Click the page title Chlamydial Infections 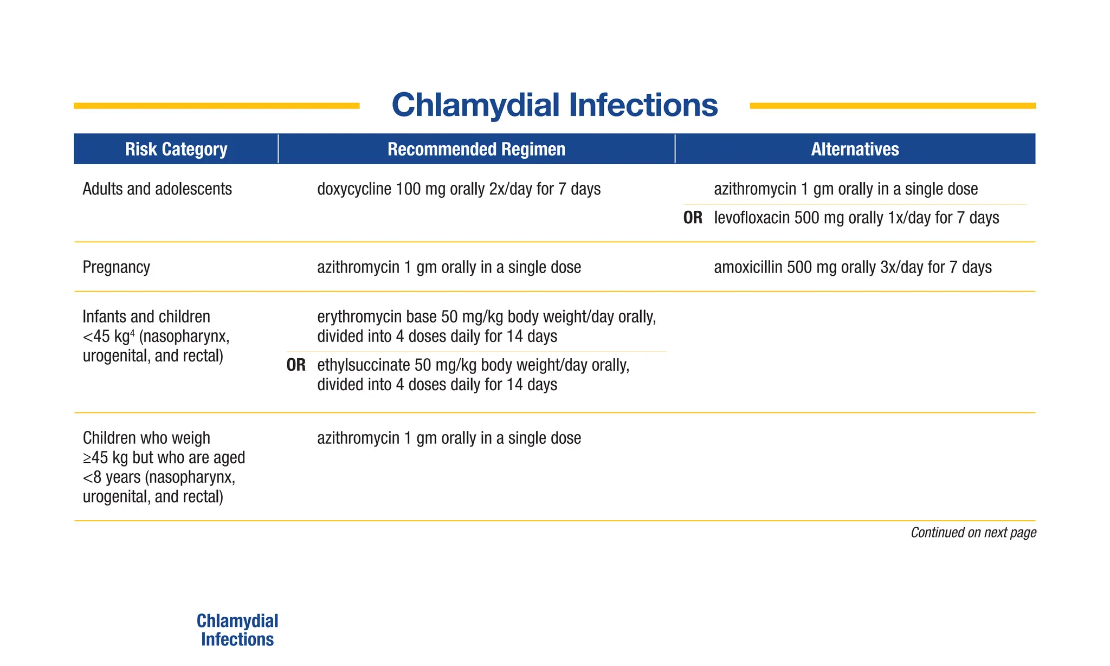point(554,105)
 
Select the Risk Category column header point(176,149)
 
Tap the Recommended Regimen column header point(476,149)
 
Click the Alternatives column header point(855,149)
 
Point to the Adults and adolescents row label point(157,189)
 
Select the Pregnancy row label point(116,267)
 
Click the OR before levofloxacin point(693,218)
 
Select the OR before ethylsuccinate point(296,365)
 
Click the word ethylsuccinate point(363,365)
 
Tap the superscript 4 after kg point(132,333)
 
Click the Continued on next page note point(973,533)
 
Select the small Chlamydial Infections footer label point(237,630)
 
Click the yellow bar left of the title point(217,106)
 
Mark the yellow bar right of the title point(893,106)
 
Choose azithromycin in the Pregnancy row point(358,267)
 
